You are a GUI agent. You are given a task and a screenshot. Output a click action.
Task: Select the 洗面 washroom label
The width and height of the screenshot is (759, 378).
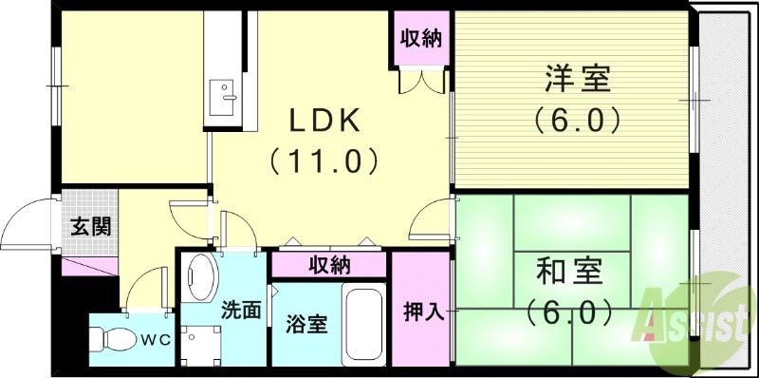pos(241,309)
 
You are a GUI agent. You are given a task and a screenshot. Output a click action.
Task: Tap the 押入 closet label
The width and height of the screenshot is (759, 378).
pos(423,312)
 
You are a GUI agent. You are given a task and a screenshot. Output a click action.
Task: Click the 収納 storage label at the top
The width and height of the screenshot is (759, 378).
pos(423,40)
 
